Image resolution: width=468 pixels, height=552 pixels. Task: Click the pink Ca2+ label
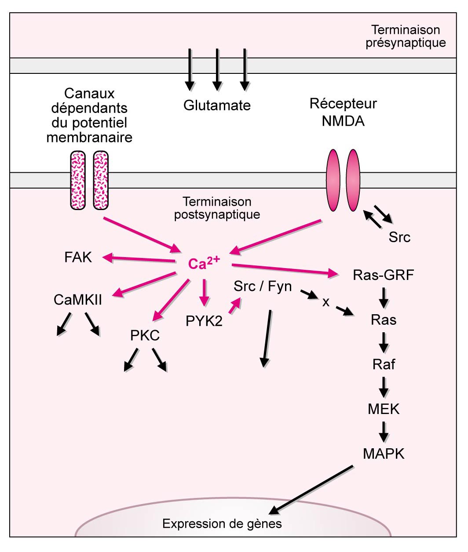click(x=203, y=263)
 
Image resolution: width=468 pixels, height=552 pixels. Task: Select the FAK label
click(x=78, y=257)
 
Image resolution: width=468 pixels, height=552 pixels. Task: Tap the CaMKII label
click(x=77, y=300)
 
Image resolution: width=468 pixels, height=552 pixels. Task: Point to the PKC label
click(x=145, y=336)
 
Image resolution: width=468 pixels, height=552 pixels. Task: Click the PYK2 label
click(x=204, y=321)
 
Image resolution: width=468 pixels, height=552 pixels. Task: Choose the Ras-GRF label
click(x=383, y=275)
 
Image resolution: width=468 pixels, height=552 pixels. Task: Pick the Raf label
click(x=384, y=364)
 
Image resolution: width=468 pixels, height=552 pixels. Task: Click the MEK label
click(x=384, y=409)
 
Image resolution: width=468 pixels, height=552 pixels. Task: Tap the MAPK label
click(x=384, y=454)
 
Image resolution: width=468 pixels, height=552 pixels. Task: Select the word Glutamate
click(x=217, y=105)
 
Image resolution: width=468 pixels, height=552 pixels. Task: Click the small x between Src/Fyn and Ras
click(x=326, y=302)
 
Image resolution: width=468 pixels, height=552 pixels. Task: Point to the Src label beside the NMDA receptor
click(x=399, y=237)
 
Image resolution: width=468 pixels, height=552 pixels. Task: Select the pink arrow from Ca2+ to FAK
click(x=139, y=259)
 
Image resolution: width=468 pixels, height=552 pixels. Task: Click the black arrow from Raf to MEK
click(x=384, y=387)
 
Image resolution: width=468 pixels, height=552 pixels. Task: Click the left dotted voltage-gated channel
click(x=78, y=180)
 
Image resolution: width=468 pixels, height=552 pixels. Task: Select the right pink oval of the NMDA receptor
click(x=353, y=180)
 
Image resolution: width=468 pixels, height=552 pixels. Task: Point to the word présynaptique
click(x=406, y=43)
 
